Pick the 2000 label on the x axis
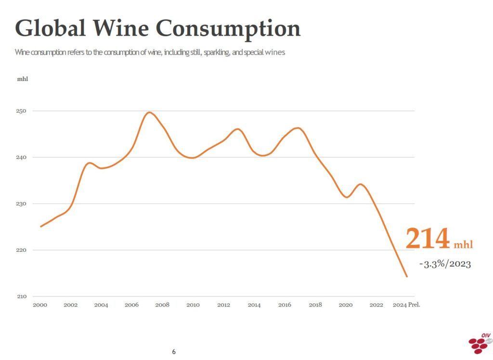pos(40,305)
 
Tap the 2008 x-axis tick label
pos(162,305)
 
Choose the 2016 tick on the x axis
pos(285,305)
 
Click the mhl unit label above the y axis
pos(23,78)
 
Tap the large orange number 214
pos(428,239)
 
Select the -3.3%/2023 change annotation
pos(444,264)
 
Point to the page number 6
pos(174,352)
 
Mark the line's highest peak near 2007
pos(149,113)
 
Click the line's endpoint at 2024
pos(407,277)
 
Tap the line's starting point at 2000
pos(40,226)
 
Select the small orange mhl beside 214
pos(463,245)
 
